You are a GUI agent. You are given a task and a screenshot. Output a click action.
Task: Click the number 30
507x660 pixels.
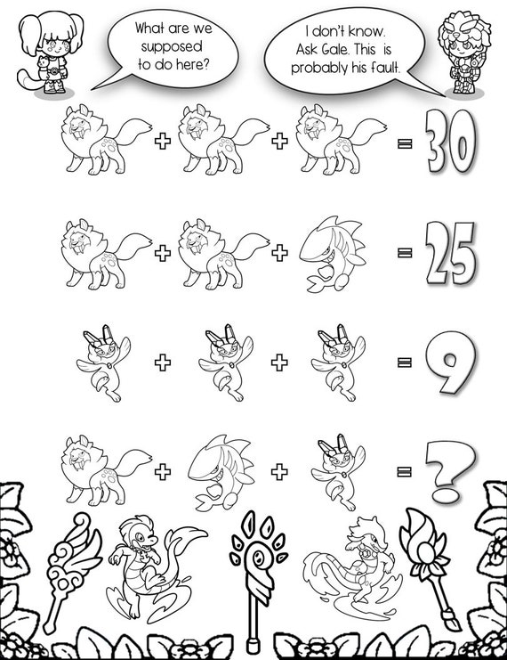click(451, 141)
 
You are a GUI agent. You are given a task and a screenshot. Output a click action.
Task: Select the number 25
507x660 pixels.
click(451, 253)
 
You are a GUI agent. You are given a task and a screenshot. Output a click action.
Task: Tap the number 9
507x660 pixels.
click(451, 362)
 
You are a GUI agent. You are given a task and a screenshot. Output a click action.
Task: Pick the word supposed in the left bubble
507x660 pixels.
click(172, 46)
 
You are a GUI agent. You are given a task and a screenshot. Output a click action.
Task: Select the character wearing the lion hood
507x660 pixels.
click(464, 53)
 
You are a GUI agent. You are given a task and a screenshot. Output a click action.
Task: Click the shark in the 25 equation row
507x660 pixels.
click(333, 254)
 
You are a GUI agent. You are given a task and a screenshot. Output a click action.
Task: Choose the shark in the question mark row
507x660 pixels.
click(221, 472)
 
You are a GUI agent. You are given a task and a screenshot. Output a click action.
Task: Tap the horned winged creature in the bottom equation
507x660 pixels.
click(338, 471)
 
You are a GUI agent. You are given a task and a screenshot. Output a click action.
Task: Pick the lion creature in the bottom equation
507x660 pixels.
click(108, 469)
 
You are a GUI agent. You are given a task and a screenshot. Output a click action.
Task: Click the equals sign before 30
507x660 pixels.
click(405, 143)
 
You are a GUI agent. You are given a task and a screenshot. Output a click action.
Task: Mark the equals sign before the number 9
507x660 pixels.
click(405, 362)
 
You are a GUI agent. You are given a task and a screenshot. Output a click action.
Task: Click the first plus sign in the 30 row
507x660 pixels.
click(163, 141)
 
